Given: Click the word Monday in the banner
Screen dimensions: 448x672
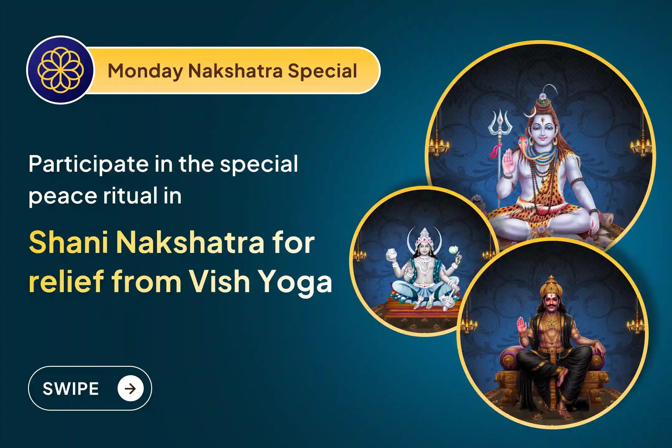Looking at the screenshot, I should click(145, 71).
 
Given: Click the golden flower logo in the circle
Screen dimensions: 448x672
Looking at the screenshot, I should click(60, 70).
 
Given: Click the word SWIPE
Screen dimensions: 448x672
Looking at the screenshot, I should click(71, 389).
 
